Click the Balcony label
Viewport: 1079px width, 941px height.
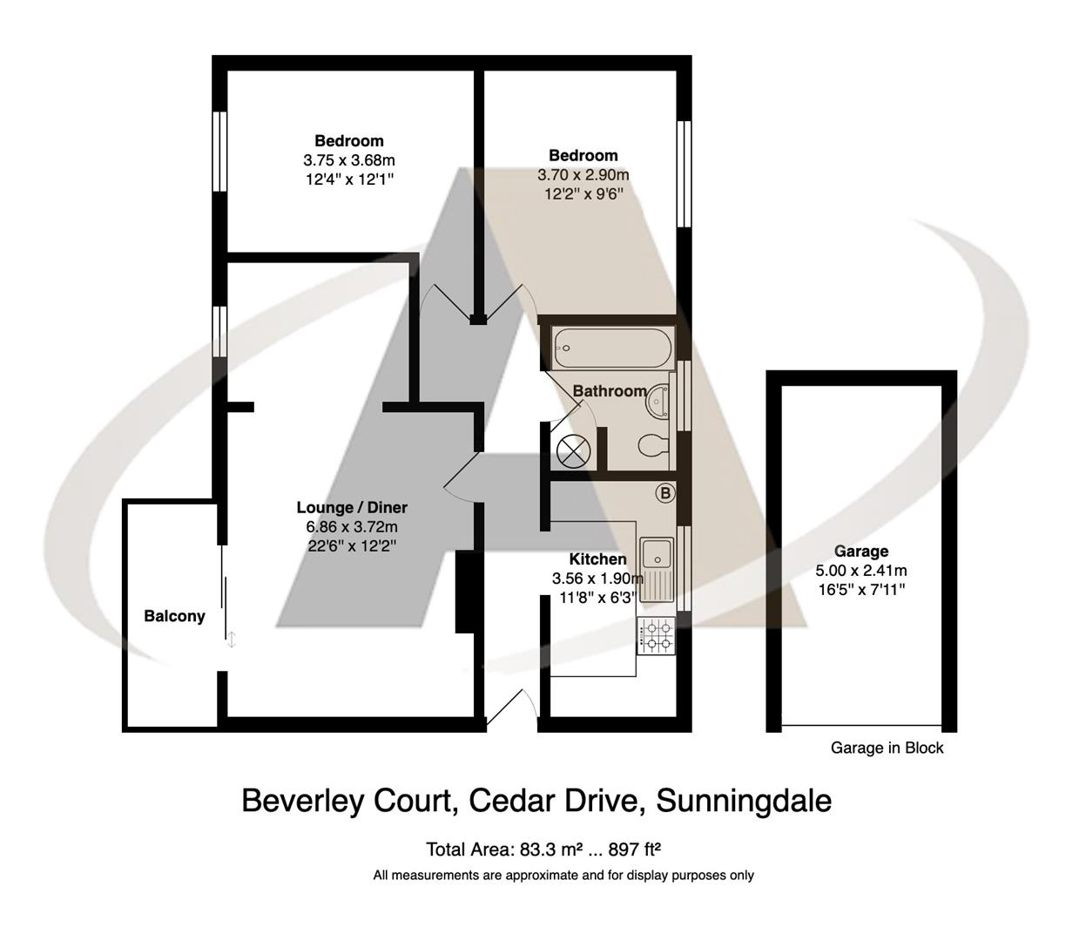pyautogui.click(x=174, y=616)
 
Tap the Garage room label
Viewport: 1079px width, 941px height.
pyautogui.click(x=860, y=551)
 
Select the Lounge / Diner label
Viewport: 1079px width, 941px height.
pyautogui.click(x=352, y=507)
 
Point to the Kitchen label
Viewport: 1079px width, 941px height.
pyautogui.click(x=597, y=559)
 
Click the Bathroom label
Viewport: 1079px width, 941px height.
pyautogui.click(x=610, y=391)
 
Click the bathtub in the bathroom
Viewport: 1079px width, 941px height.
pyautogui.click(x=610, y=349)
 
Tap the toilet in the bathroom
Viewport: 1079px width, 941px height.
pyautogui.click(x=652, y=446)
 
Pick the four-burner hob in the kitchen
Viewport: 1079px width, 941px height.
pyautogui.click(x=655, y=636)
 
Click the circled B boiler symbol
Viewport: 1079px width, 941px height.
pyautogui.click(x=664, y=493)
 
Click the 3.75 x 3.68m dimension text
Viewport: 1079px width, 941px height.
pyautogui.click(x=348, y=160)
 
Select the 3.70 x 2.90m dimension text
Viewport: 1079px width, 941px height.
pyautogui.click(x=583, y=175)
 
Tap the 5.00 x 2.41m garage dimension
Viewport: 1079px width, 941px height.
pyautogui.click(x=860, y=571)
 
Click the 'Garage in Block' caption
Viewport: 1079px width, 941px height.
pyautogui.click(x=887, y=748)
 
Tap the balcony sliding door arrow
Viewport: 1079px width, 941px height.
pyautogui.click(x=232, y=640)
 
